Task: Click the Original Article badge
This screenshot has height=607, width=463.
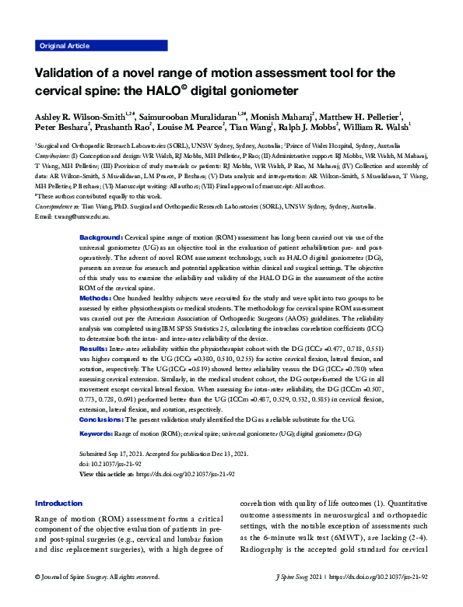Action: tap(65, 47)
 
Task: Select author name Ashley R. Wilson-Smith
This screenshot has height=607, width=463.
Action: tap(78, 116)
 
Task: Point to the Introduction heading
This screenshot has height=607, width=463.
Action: tap(58, 503)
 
